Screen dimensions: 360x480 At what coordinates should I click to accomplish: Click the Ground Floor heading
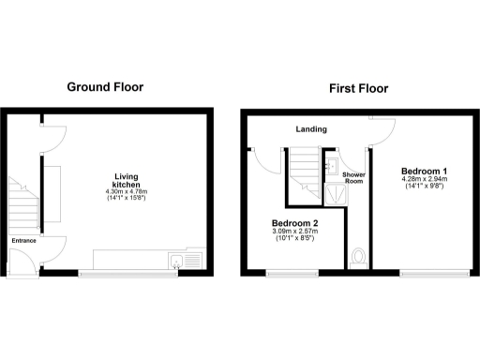(105, 87)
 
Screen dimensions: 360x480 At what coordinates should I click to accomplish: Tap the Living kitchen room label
(126, 181)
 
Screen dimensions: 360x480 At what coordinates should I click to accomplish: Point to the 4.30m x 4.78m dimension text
(126, 192)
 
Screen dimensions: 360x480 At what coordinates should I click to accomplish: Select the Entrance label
(23, 241)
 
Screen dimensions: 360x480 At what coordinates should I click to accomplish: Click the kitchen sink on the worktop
(176, 260)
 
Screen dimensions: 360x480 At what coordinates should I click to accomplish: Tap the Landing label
(309, 129)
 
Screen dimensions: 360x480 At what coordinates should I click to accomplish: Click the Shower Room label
(353, 179)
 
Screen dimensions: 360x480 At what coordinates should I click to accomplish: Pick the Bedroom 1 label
(424, 171)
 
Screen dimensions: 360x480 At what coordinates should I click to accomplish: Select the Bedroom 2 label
(293, 222)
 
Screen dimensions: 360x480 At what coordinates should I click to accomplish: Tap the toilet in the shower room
(356, 256)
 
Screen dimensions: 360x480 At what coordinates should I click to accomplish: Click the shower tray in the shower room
(334, 193)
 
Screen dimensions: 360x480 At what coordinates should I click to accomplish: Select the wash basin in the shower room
(336, 167)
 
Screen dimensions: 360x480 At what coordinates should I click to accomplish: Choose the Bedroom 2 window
(291, 273)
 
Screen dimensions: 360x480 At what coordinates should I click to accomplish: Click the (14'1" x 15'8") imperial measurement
(126, 200)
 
